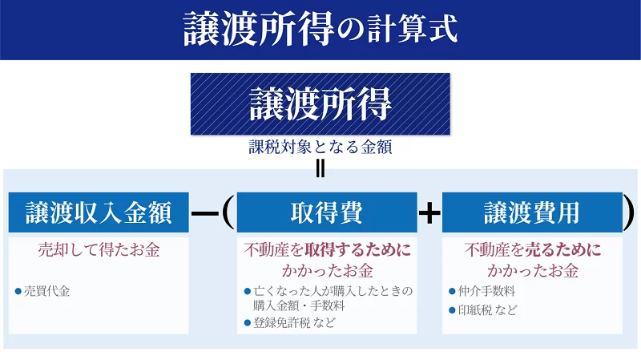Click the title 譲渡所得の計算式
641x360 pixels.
click(320, 28)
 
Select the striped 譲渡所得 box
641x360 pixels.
click(320, 103)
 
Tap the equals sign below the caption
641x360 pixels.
click(320, 168)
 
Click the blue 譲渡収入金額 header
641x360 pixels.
click(99, 212)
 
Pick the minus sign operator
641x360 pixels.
click(206, 213)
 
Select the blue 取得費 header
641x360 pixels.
click(327, 212)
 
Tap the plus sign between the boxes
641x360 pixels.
click(430, 213)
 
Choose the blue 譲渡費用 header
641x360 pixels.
click(532, 212)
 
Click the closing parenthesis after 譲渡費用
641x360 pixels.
click(630, 212)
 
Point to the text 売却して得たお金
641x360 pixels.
click(99, 250)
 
